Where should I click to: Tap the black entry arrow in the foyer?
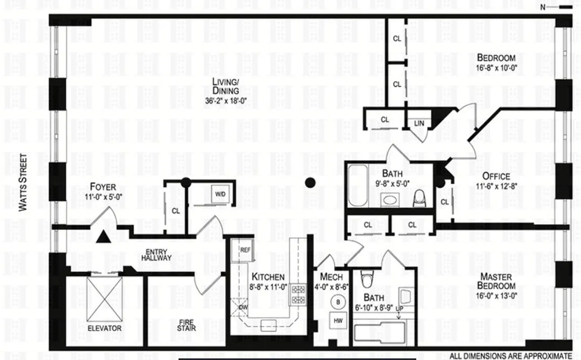103,236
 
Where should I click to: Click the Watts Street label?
23,182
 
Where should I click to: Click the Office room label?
496,176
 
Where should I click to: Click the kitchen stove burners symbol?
298,294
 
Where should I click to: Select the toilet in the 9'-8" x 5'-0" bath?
419,198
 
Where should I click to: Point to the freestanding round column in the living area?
309,182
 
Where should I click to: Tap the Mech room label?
331,277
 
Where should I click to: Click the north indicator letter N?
542,7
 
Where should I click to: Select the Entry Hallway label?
156,255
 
